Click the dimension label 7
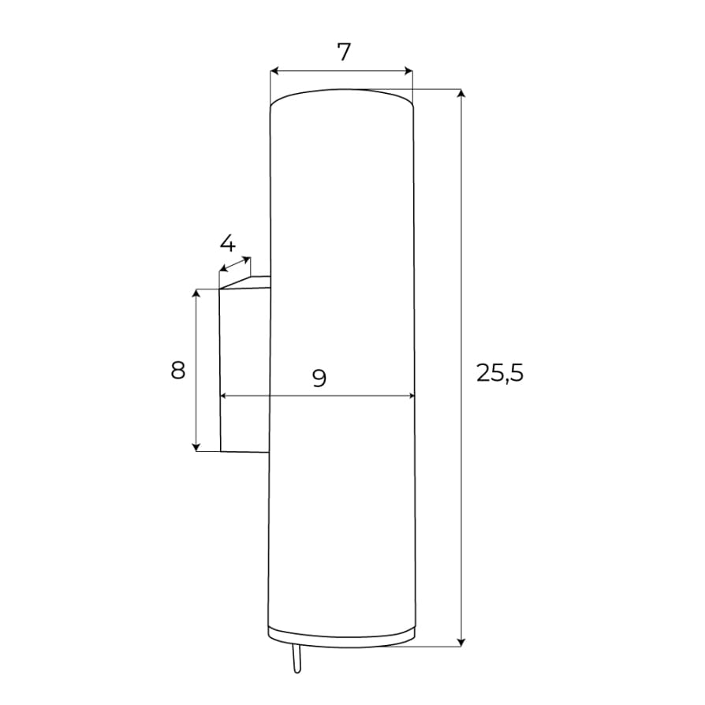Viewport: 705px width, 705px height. click(x=343, y=52)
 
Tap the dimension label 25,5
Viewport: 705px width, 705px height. click(x=500, y=373)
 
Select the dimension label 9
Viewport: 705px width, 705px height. click(x=319, y=378)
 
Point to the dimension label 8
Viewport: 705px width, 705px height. click(x=178, y=371)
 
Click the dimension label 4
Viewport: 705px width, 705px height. click(x=227, y=243)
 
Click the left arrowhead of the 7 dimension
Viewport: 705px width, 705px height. click(x=274, y=71)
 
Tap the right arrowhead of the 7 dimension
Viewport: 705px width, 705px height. click(x=408, y=71)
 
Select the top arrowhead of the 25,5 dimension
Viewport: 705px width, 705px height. click(x=461, y=93)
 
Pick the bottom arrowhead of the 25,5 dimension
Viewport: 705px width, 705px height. click(x=461, y=643)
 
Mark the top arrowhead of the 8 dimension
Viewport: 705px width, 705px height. click(x=196, y=293)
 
